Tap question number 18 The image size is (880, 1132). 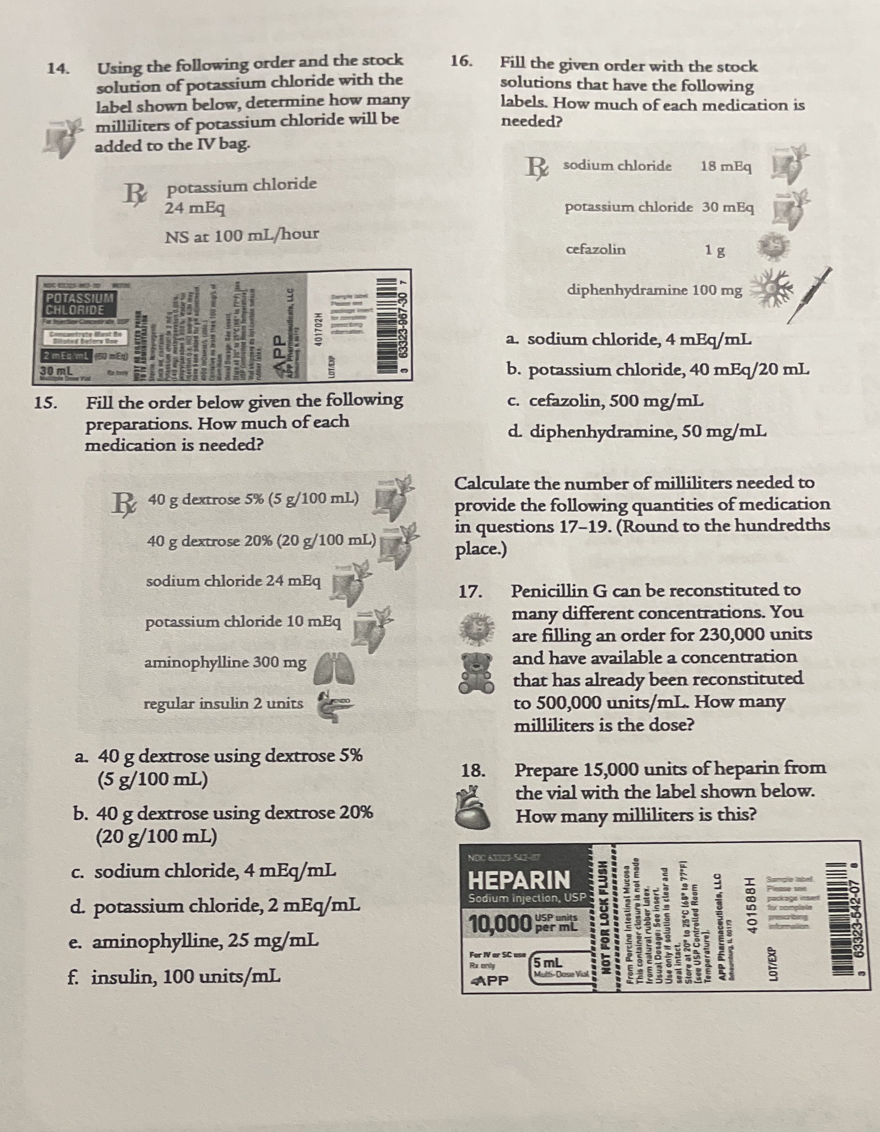[472, 770]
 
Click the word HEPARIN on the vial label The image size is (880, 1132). [519, 880]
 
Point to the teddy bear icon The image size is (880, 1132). [477, 673]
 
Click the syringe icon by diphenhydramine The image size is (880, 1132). [809, 296]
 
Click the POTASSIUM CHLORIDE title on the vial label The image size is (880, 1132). [79, 303]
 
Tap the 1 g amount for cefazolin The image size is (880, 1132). [715, 251]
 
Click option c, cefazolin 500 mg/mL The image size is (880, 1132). [605, 401]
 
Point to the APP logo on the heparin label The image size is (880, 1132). [490, 981]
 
